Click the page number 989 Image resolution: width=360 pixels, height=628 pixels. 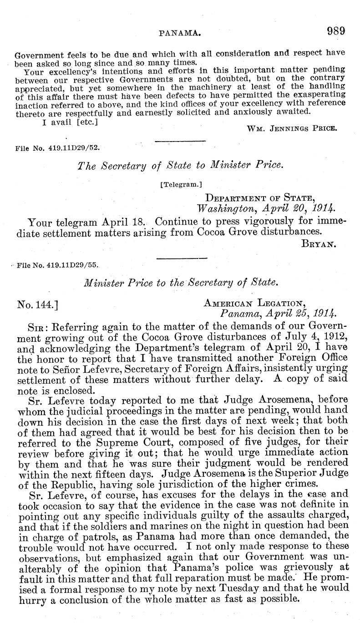[336, 31]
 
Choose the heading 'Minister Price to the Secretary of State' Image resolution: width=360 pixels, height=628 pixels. [181, 283]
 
